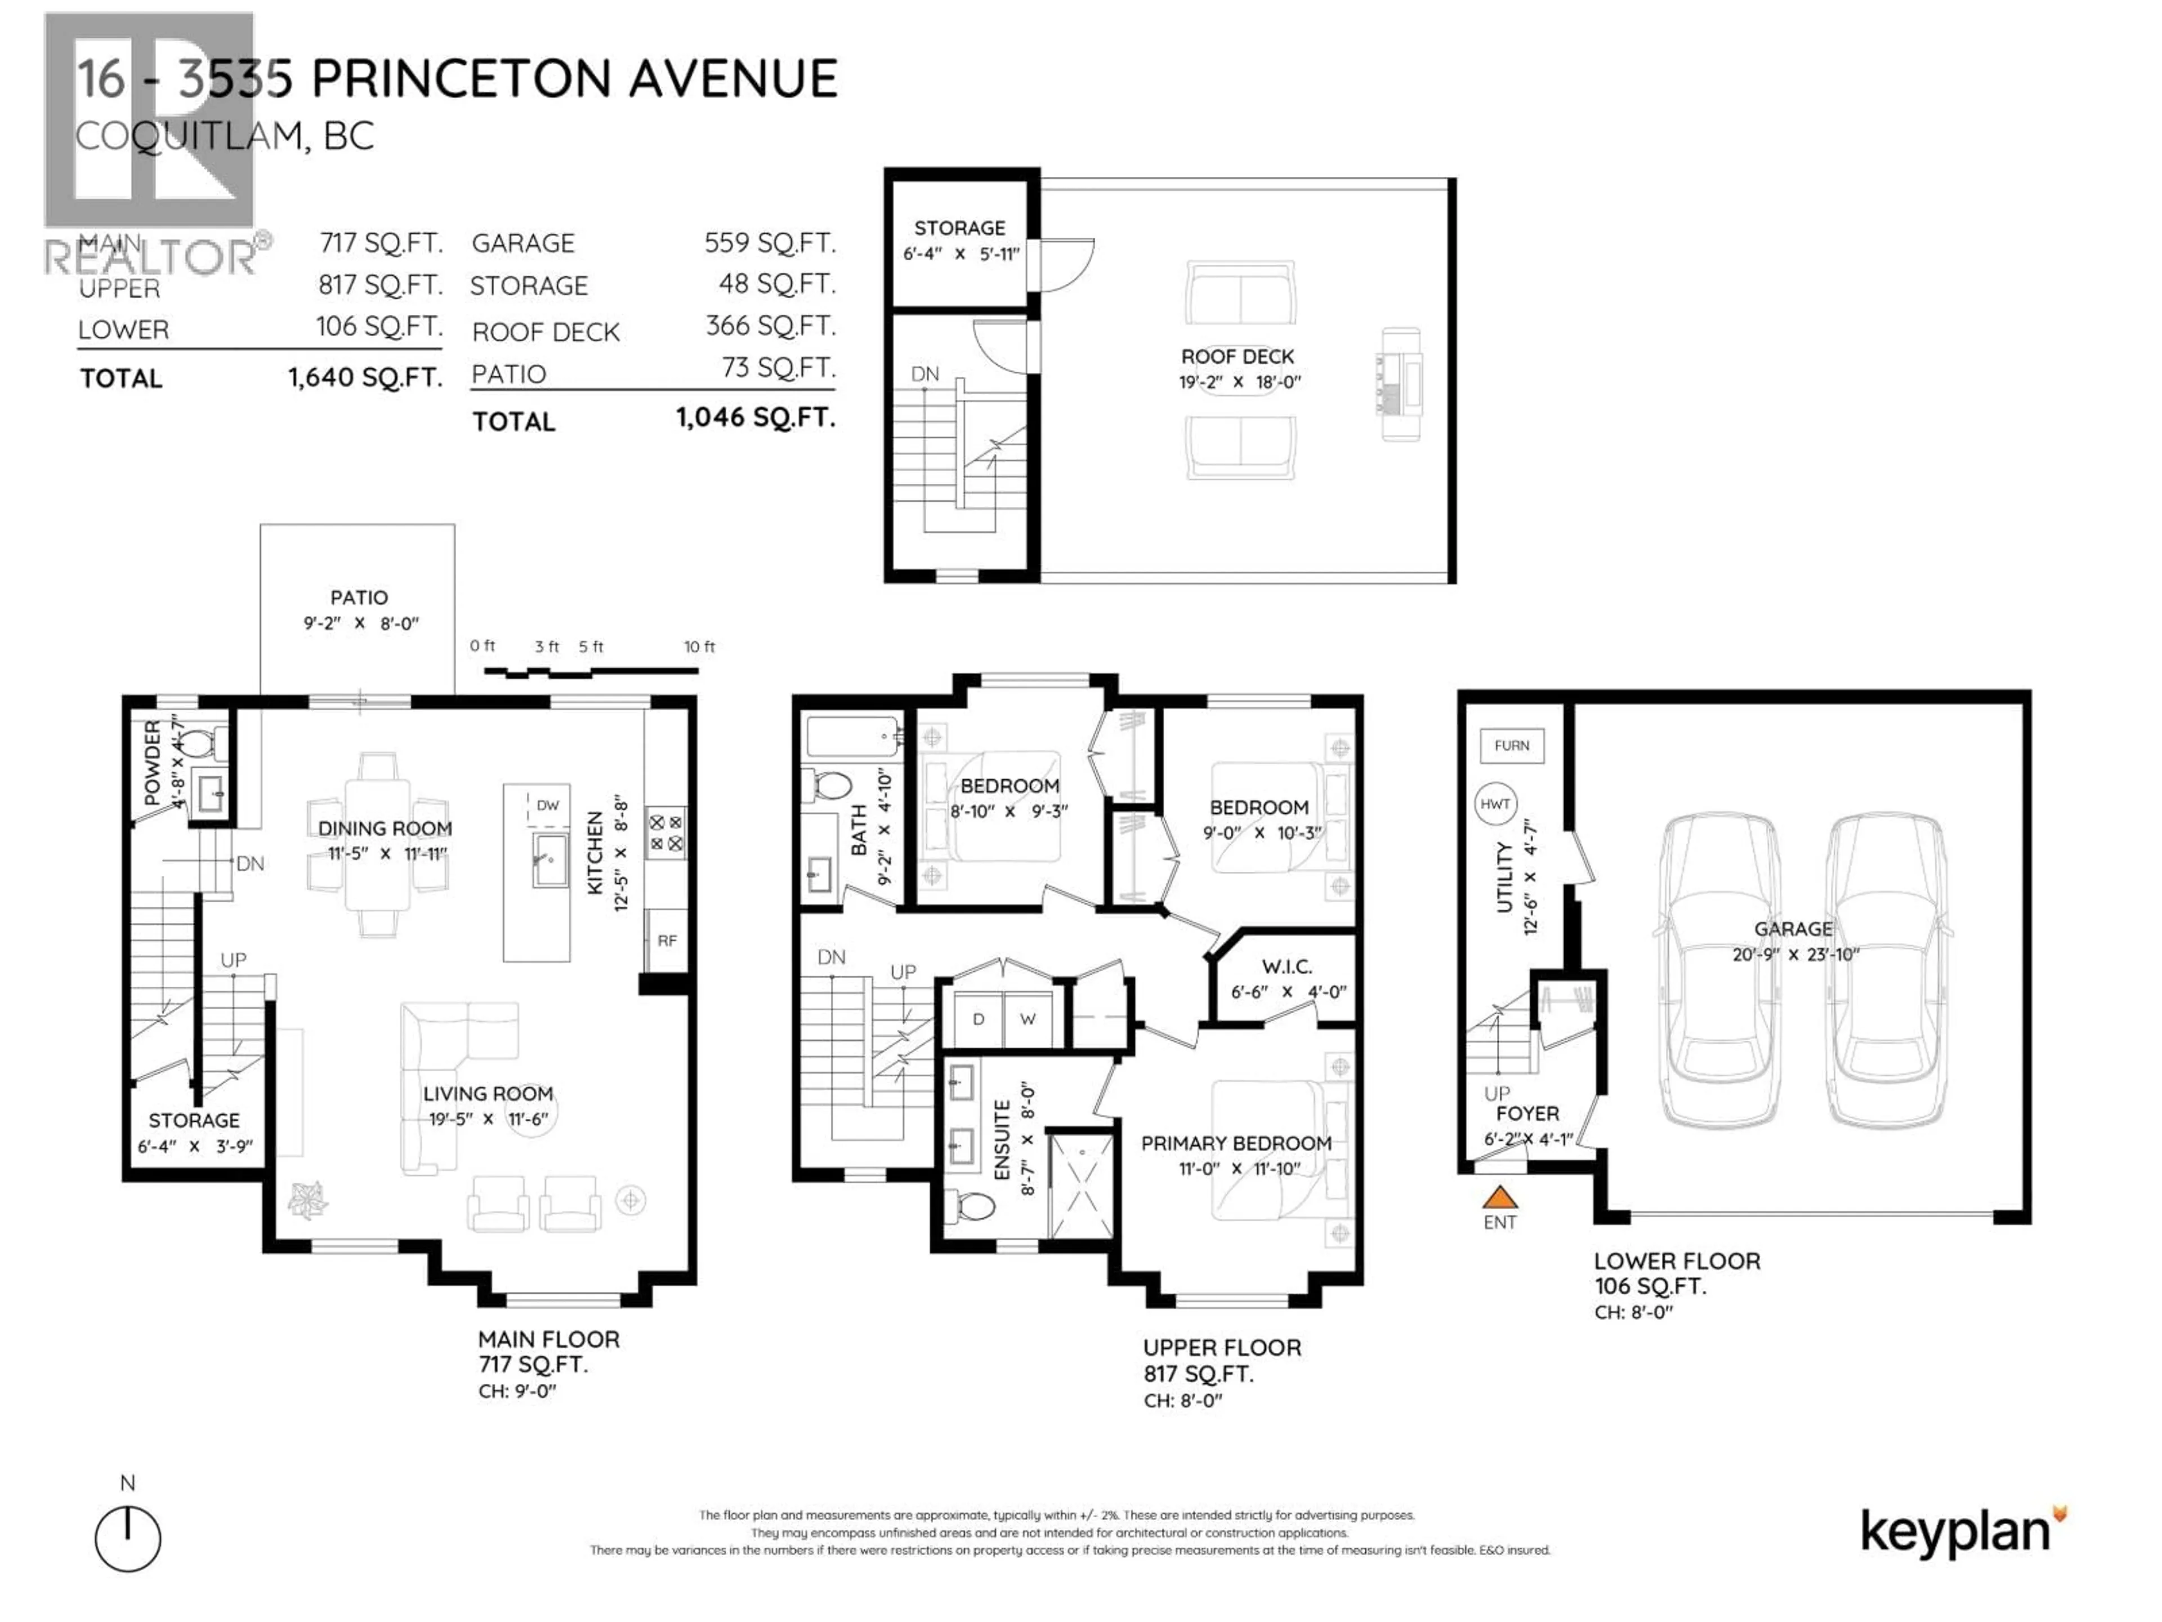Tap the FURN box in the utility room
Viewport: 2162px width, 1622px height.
[x=1511, y=746]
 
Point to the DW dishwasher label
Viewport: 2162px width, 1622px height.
[x=547, y=805]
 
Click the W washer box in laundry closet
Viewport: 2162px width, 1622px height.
[x=1028, y=1019]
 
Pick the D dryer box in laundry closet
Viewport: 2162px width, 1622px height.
[x=979, y=1019]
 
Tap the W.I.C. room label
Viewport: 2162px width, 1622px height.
[x=1287, y=967]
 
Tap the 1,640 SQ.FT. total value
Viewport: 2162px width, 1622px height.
[x=365, y=377]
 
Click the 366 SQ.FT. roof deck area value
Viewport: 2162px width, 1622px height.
[x=770, y=326]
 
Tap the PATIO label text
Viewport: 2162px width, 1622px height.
[x=359, y=598]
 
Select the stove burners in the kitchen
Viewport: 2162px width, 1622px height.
[x=665, y=833]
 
